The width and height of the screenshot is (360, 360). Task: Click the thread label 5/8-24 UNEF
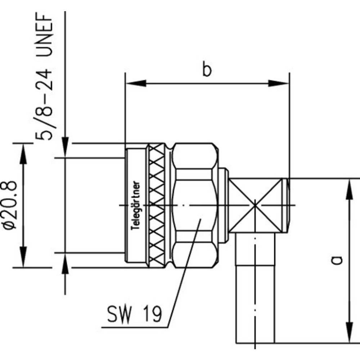45,77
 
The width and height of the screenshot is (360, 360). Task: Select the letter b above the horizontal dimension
206,70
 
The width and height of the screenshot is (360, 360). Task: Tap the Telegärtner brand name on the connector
137,205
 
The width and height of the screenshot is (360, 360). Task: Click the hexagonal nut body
194,205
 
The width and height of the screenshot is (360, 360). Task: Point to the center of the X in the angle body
255,205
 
